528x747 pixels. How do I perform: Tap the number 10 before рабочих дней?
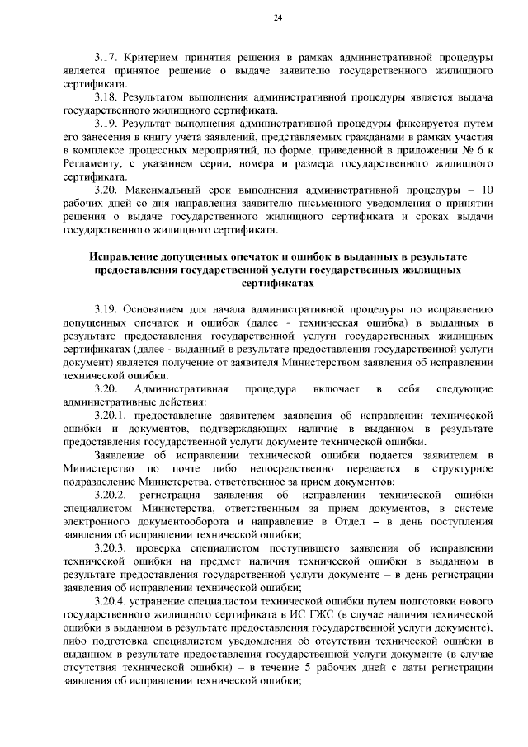(x=486, y=190)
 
